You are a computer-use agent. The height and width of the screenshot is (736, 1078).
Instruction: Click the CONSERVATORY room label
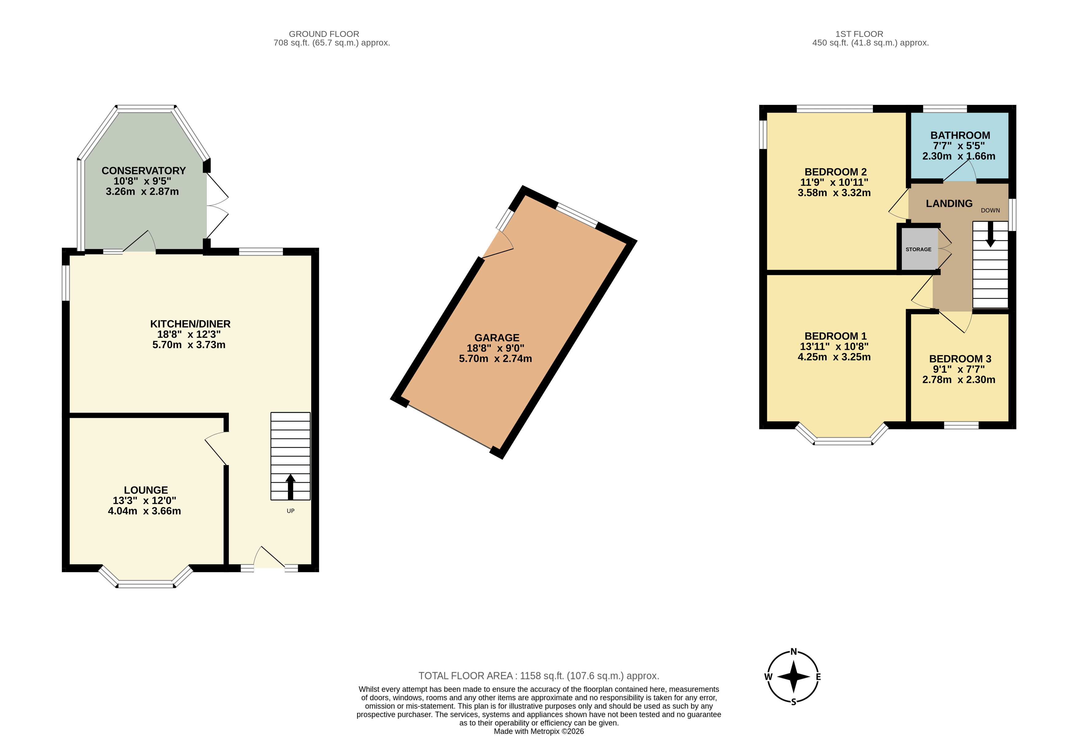144,171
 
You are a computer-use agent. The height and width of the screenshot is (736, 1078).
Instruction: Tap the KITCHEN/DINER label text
190,324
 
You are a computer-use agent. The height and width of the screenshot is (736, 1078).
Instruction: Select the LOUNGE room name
146,490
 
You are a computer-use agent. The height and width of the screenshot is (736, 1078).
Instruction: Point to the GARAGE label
497,338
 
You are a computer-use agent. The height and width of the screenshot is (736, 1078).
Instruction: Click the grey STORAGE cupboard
918,249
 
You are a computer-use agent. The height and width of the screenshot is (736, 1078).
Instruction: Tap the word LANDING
949,204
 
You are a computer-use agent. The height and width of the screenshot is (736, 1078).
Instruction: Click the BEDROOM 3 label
960,359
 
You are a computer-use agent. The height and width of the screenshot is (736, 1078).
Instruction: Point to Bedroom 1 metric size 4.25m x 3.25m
834,357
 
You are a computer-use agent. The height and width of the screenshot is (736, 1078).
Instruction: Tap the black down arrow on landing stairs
990,234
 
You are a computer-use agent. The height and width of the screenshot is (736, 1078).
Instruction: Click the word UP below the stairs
290,511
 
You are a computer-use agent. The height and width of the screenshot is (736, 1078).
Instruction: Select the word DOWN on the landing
990,210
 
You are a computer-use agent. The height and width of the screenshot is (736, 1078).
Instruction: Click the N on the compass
794,651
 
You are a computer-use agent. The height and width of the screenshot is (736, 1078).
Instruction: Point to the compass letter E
818,677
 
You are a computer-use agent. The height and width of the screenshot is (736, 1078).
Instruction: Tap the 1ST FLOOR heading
859,34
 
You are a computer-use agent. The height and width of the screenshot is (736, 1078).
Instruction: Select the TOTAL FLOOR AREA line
539,676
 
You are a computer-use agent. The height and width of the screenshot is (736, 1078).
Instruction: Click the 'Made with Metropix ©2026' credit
539,731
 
